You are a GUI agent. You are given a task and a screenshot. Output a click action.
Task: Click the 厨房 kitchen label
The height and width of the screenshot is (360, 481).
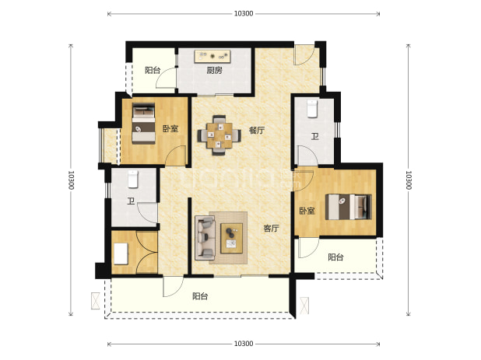tap(214, 71)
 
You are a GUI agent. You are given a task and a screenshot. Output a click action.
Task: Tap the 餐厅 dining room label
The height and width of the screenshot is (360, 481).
tap(257, 130)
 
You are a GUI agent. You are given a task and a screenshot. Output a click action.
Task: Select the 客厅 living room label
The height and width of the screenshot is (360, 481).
tap(271, 228)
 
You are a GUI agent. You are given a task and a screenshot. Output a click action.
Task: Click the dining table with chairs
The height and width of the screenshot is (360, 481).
tap(219, 135)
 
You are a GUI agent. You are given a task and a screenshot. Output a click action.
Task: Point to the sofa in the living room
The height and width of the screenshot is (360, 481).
tap(205, 237)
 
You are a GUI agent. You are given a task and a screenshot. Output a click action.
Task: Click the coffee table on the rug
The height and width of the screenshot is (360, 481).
tap(232, 238)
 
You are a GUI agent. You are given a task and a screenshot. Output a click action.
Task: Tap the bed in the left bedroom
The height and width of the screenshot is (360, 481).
tap(143, 123)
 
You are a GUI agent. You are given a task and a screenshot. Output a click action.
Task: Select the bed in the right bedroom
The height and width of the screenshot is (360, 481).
tap(349, 207)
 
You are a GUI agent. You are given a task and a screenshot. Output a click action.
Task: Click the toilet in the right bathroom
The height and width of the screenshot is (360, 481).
tap(312, 108)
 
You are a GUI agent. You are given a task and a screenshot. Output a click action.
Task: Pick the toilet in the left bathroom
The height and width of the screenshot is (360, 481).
tap(133, 179)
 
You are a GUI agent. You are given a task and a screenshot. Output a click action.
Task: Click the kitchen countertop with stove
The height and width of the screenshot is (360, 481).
tap(212, 57)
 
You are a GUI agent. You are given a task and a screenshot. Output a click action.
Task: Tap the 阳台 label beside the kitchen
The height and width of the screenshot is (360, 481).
tap(153, 70)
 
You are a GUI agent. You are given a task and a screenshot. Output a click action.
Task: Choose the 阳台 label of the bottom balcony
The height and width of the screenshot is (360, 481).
tap(200, 296)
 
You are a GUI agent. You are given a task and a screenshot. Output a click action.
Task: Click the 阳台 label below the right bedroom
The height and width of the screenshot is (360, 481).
tap(335, 257)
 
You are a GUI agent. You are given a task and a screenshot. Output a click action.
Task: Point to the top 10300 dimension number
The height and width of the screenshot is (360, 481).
tap(244, 13)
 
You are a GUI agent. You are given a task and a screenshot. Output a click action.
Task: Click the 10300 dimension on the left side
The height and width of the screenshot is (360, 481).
tap(71, 180)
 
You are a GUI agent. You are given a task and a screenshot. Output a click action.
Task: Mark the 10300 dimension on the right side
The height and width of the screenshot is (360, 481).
tap(408, 180)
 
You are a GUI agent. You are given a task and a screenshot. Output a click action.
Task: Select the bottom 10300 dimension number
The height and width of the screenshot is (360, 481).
tap(244, 344)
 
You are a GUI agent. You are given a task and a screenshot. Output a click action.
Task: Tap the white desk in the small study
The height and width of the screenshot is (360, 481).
tap(121, 253)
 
